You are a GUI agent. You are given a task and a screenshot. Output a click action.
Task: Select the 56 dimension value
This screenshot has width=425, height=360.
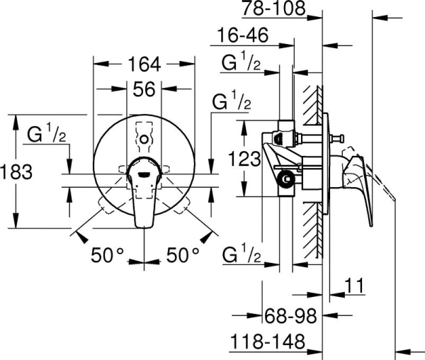point(144,89)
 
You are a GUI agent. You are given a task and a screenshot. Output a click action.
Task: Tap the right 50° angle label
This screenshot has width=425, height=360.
point(182,254)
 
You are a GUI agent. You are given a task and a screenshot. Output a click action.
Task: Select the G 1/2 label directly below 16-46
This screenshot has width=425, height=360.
point(242,62)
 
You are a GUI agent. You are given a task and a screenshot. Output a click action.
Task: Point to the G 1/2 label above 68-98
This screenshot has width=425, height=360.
point(242,254)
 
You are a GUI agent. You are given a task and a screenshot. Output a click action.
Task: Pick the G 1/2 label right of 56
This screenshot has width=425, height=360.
point(232,101)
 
